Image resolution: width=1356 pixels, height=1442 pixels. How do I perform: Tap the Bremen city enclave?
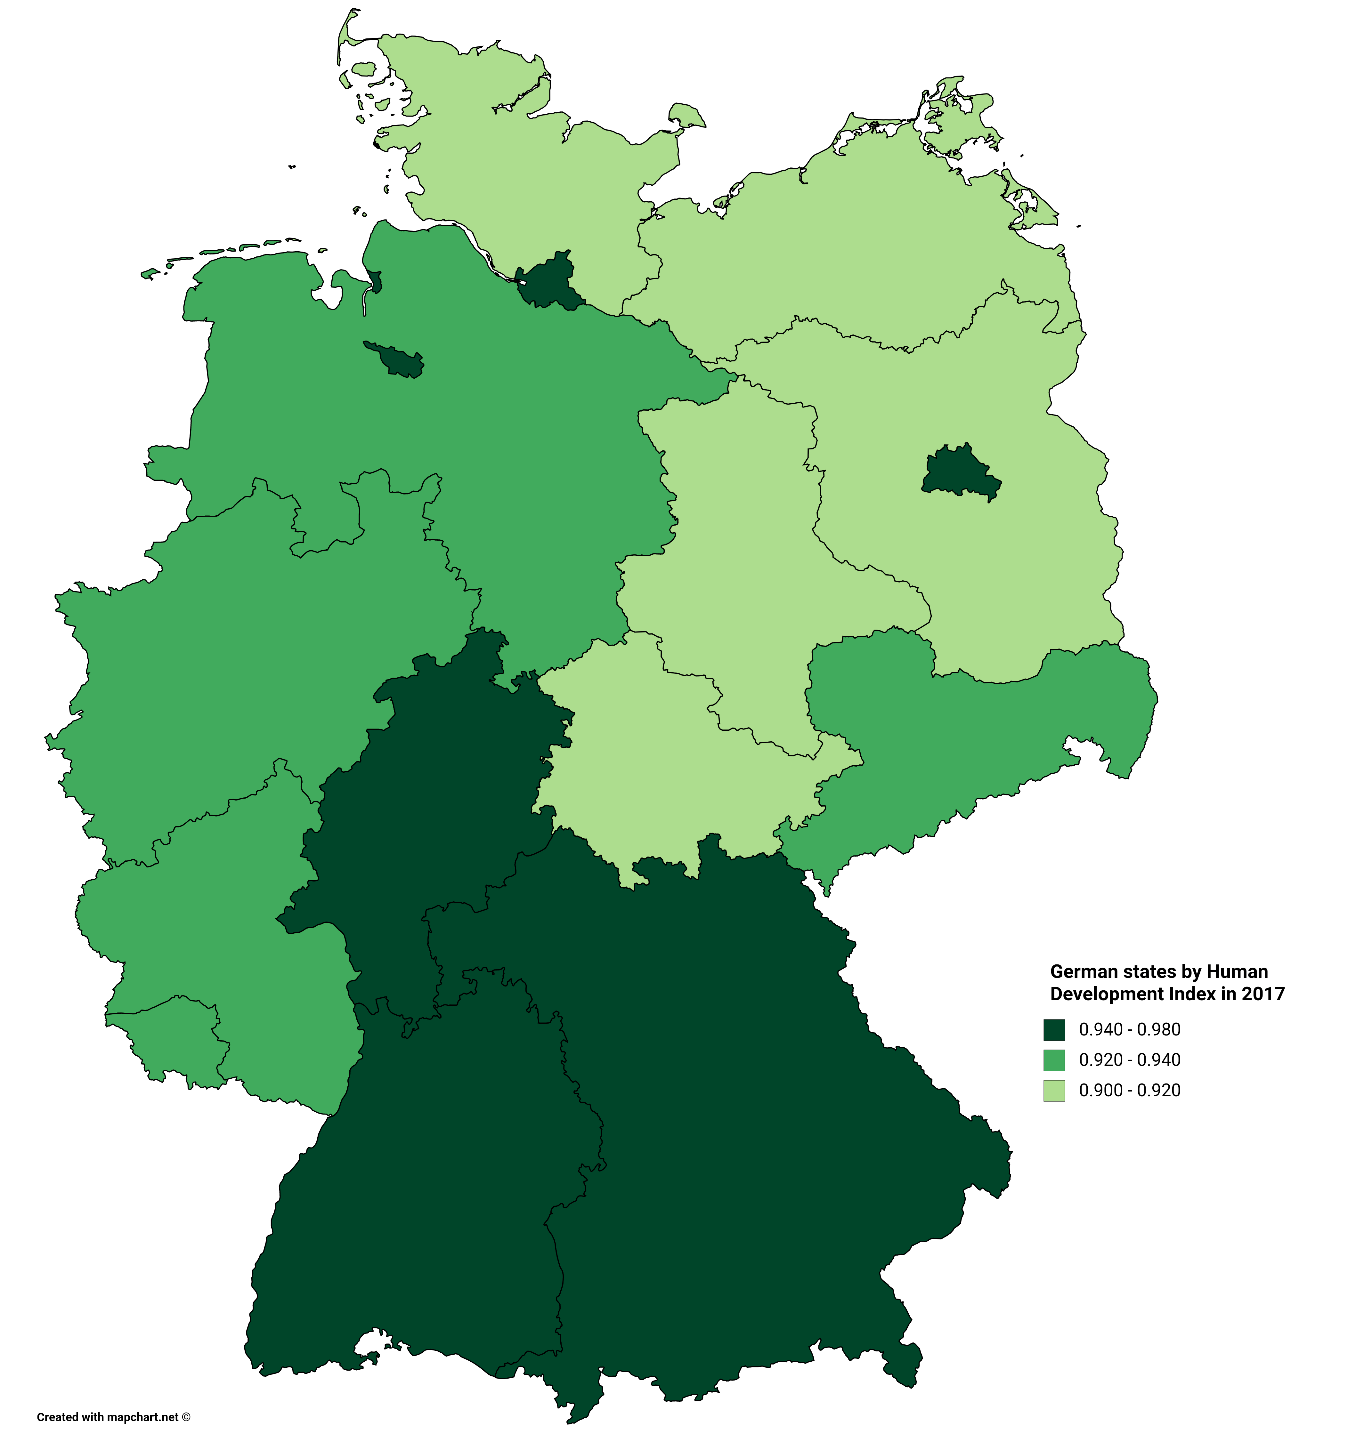[x=395, y=359]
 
